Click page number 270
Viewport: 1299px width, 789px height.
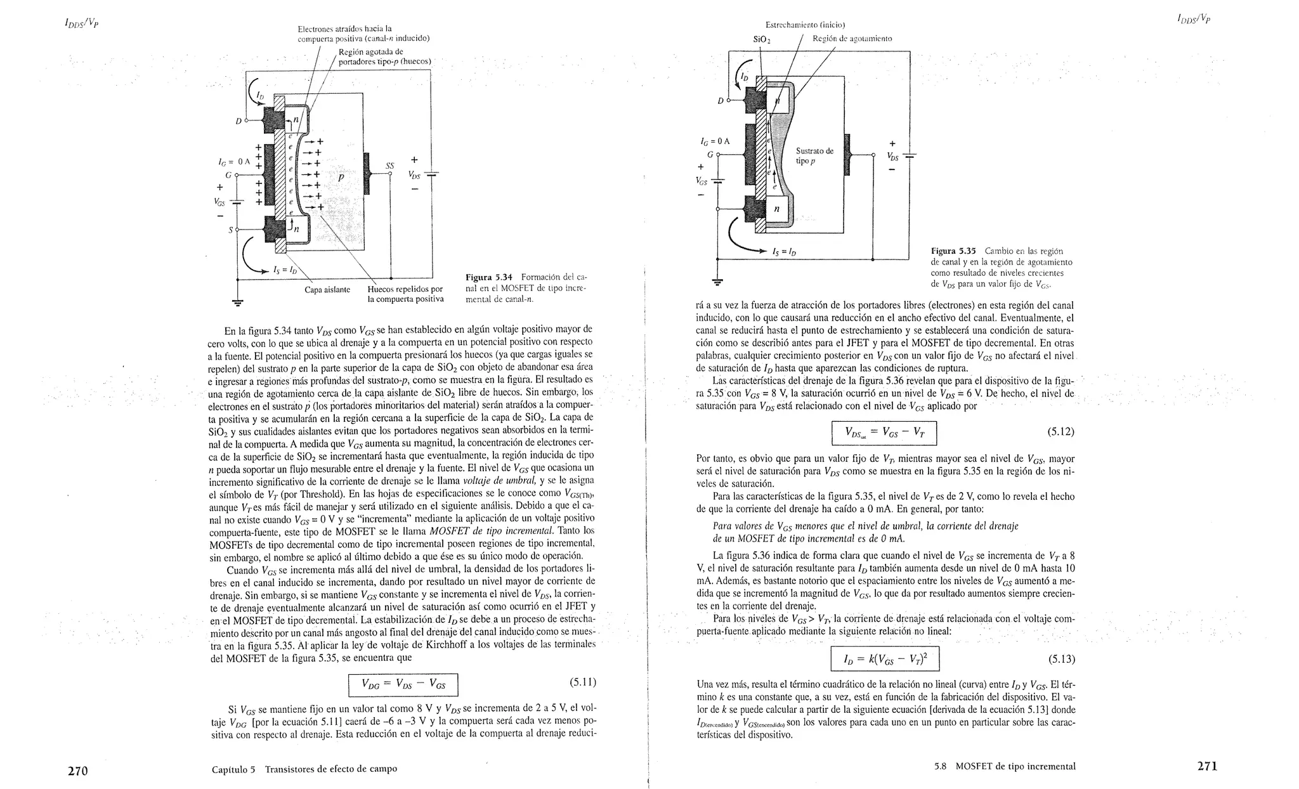coord(77,771)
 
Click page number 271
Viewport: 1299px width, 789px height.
coord(1207,766)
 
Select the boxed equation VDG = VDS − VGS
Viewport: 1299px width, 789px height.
coord(403,684)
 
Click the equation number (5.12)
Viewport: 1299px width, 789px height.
coord(1061,432)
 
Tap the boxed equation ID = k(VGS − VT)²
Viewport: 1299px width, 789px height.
coord(885,659)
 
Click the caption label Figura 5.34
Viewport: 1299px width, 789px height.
coord(488,277)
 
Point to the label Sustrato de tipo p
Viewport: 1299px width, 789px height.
coord(814,156)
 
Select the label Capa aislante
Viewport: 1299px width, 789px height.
coord(327,290)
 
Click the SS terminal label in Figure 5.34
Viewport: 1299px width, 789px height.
coord(389,166)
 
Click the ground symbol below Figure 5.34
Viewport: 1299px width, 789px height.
coord(237,303)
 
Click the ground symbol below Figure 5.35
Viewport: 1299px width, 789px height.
coord(717,282)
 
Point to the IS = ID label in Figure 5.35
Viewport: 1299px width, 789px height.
coord(785,252)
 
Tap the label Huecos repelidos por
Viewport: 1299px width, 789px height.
coord(405,290)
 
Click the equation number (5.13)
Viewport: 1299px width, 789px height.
coord(1061,659)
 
